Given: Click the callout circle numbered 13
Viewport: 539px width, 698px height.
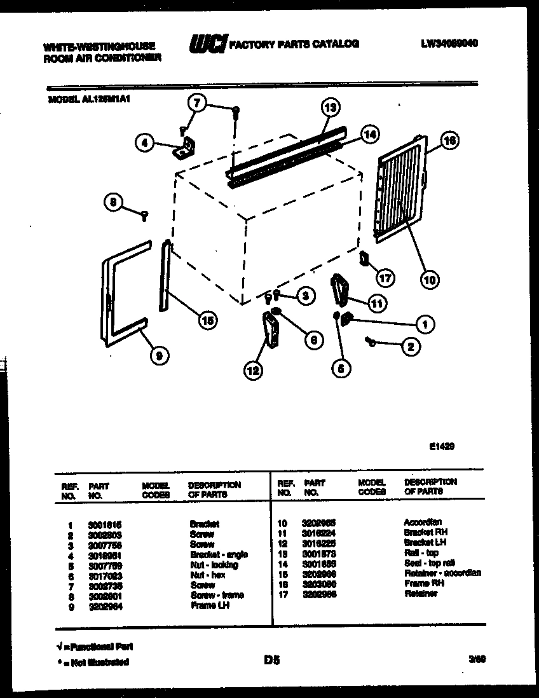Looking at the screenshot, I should tap(331, 107).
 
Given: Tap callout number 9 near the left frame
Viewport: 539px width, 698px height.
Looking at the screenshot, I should tap(159, 357).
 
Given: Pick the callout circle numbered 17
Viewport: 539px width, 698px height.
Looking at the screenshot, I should tap(386, 278).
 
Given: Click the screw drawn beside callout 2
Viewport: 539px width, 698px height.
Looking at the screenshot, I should tap(371, 342).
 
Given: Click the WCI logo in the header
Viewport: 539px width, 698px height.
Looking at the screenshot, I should tap(207, 44).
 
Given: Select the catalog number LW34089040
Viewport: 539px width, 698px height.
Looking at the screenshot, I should tap(449, 44).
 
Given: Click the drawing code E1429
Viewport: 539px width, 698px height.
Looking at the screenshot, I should tap(442, 446).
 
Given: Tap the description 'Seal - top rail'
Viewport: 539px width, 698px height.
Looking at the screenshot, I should tap(430, 563).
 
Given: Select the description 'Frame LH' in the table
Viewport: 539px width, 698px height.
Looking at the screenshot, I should tap(209, 606).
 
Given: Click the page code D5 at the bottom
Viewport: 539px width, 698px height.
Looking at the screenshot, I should tap(271, 661).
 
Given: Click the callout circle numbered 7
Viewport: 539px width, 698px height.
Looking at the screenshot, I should tap(197, 102).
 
